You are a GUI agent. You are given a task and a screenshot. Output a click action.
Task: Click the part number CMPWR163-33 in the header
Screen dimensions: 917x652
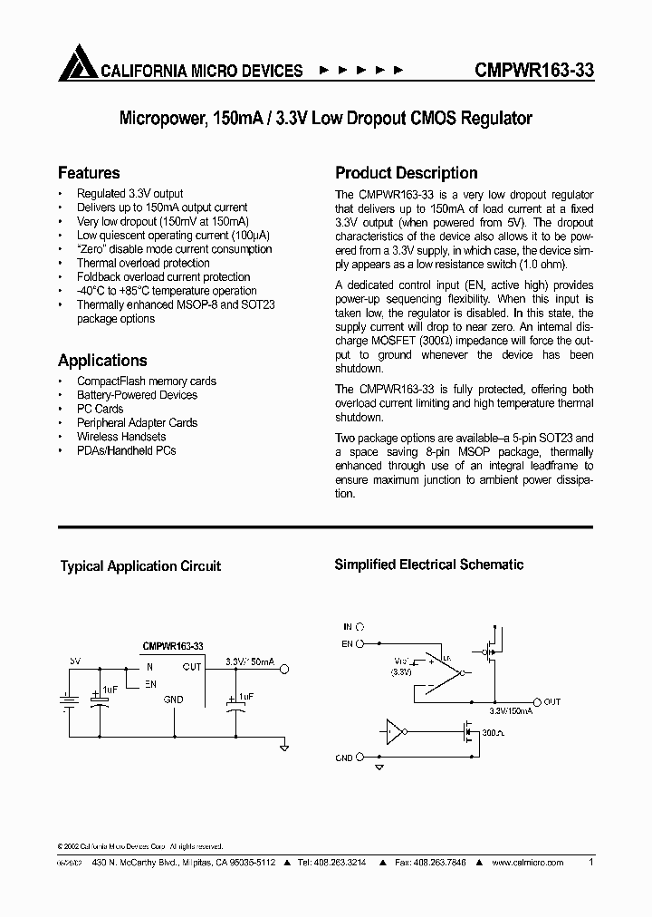(x=534, y=70)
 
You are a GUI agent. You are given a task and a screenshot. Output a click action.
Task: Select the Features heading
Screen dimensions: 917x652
(x=89, y=172)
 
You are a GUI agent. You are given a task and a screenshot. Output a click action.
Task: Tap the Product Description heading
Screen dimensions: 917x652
(x=406, y=172)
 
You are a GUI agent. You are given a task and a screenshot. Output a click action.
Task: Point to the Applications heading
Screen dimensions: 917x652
(x=102, y=360)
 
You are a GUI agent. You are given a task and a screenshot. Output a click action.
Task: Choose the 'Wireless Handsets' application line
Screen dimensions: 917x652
(x=121, y=436)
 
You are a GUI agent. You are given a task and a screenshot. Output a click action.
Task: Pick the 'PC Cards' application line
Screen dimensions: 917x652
(x=100, y=409)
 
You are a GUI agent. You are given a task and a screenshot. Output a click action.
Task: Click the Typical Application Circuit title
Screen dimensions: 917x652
(x=140, y=566)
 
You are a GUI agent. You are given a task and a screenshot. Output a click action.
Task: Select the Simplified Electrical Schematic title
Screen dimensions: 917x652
(x=428, y=565)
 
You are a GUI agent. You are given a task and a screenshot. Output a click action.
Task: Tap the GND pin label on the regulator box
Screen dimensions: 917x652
(x=172, y=700)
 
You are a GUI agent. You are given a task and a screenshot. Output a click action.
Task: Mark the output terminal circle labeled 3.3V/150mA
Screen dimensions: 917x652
(x=284, y=670)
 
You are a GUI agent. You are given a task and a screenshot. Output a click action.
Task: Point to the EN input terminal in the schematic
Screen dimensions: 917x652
(x=360, y=644)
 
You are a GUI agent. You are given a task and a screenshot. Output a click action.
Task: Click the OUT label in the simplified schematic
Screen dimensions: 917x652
(x=552, y=702)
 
